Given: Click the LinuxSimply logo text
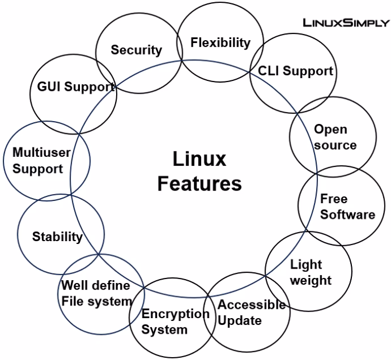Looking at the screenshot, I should [x=346, y=23].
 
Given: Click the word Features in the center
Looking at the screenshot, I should [x=199, y=184].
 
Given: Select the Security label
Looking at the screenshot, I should [x=136, y=50].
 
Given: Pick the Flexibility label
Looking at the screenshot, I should [x=220, y=42].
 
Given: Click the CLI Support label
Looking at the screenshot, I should [x=295, y=71].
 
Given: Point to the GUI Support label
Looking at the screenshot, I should [x=75, y=87].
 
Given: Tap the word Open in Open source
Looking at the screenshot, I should [x=330, y=130].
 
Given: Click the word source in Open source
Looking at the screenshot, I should [x=335, y=145].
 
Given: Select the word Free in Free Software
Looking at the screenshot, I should [x=334, y=199].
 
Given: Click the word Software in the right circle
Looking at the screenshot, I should [x=347, y=215].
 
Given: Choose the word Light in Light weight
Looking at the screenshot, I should [x=305, y=264].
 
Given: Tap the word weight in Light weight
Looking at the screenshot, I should [x=311, y=280].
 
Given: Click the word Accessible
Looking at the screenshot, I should [x=252, y=305].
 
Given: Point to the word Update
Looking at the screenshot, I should [x=240, y=321].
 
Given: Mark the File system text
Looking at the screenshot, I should [x=96, y=301].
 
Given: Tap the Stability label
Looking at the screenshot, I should [x=57, y=237].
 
